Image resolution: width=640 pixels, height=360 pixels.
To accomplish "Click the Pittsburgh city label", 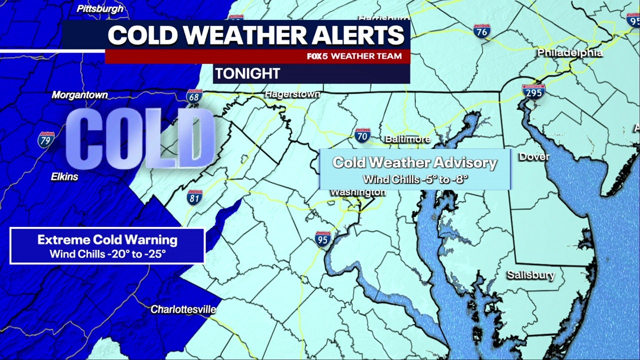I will tap(100, 8).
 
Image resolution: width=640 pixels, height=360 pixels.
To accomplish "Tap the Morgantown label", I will tap(80, 95).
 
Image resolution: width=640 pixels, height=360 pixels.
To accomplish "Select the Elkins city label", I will tap(64, 176).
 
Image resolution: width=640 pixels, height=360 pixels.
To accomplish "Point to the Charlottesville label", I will tap(183, 309).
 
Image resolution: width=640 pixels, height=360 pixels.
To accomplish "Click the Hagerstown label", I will tap(292, 94).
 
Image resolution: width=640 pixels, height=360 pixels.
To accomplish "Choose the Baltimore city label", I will tap(407, 139).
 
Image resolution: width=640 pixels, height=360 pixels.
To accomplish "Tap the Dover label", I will tap(534, 156).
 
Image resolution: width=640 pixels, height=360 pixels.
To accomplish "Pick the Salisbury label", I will tap(531, 275).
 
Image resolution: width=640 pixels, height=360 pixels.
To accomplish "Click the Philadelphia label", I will tap(570, 52).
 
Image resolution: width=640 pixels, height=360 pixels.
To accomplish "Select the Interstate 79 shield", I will tap(46, 139).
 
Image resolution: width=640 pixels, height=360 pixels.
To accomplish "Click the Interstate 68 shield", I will tap(194, 96).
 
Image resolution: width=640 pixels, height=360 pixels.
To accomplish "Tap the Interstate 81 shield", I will tap(194, 197).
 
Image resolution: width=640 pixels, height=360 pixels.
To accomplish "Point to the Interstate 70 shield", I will tap(362, 135).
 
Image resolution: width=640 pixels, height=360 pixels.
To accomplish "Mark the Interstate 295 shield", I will tap(533, 92).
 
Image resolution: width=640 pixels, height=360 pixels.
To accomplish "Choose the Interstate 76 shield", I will tap(482, 31).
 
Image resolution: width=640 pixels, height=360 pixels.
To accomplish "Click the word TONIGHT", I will tap(247, 74).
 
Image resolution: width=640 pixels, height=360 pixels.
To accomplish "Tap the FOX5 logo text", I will tap(317, 56).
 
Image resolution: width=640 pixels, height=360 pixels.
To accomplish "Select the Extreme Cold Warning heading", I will tap(107, 239).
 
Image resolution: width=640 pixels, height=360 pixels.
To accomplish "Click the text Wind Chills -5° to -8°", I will tap(415, 178).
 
